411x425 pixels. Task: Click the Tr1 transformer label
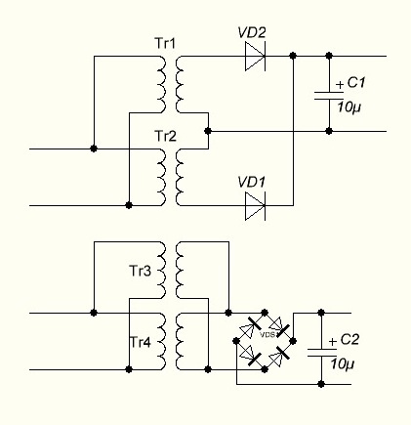pyautogui.click(x=165, y=43)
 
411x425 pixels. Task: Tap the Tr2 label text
pyautogui.click(x=165, y=136)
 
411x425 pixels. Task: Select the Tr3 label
pyautogui.click(x=141, y=271)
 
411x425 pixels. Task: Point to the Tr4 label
pyautogui.click(x=141, y=342)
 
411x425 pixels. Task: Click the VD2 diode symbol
pyautogui.click(x=255, y=56)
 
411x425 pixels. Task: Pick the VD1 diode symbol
pyautogui.click(x=255, y=206)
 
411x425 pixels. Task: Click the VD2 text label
pyautogui.click(x=252, y=32)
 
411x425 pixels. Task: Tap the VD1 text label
pyautogui.click(x=252, y=183)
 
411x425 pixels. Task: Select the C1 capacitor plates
pyautogui.click(x=329, y=96)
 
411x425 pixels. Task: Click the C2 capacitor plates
pyautogui.click(x=322, y=352)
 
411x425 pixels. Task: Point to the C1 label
pyautogui.click(x=356, y=83)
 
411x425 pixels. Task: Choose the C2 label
pyautogui.click(x=349, y=340)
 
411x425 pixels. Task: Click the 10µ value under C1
pyautogui.click(x=349, y=107)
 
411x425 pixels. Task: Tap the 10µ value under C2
pyautogui.click(x=343, y=363)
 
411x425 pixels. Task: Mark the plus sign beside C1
pyautogui.click(x=340, y=85)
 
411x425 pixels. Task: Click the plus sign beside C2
pyautogui.click(x=333, y=342)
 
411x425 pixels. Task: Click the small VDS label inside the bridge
pyautogui.click(x=267, y=334)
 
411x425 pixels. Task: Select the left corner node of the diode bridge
pyautogui.click(x=236, y=341)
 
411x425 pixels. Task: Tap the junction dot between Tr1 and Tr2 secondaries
pyautogui.click(x=208, y=131)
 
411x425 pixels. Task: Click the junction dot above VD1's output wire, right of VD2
pyautogui.click(x=293, y=56)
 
